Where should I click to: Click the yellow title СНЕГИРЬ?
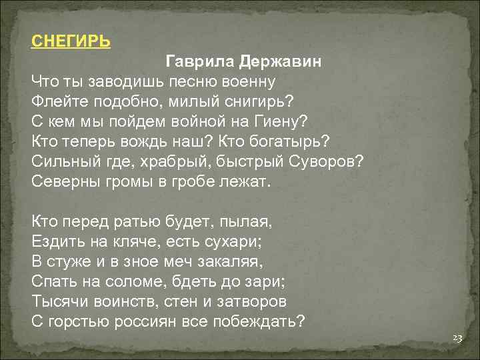tap(71, 41)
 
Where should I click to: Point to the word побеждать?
tap(260, 321)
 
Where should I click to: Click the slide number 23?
tap(457, 339)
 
